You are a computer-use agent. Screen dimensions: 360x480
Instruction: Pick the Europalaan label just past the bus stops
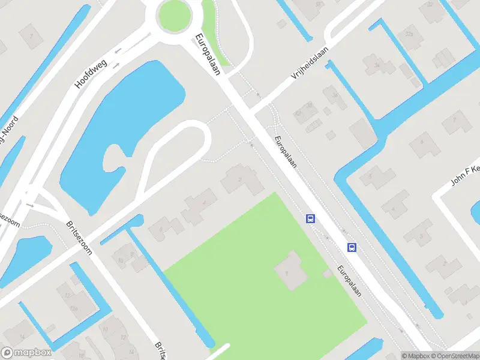tap(349, 280)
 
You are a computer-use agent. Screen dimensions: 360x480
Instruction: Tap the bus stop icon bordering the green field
tap(310, 218)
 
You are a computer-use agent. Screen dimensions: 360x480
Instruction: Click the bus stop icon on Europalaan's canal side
tap(352, 247)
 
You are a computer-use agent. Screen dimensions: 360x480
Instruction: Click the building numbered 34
tap(377, 65)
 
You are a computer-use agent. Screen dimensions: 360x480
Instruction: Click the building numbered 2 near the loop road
tap(241, 179)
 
